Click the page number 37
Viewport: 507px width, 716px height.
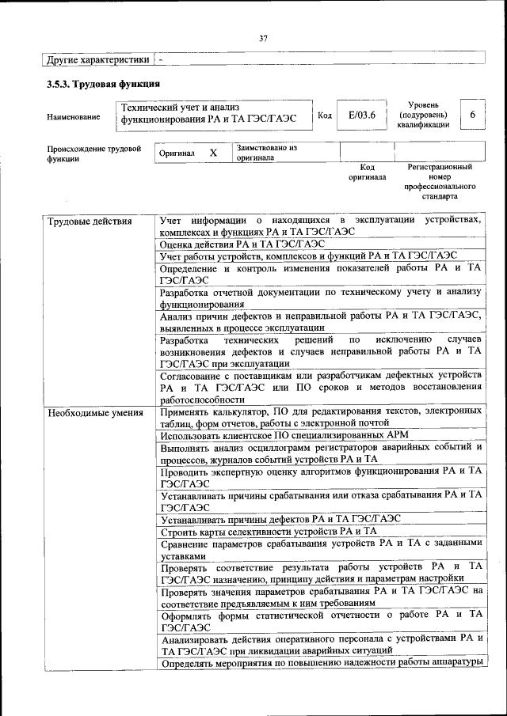263,37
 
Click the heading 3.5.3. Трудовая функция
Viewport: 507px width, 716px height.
104,83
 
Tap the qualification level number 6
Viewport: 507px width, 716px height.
472,116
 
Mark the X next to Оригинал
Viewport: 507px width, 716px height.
212,152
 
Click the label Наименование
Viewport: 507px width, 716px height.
74,117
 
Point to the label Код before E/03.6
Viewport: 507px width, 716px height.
324,116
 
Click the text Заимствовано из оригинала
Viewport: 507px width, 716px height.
265,152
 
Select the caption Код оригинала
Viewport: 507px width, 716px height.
367,172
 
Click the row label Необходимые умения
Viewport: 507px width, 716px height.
95,412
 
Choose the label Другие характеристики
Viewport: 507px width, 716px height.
97,59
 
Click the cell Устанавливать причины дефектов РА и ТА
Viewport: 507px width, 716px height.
280,519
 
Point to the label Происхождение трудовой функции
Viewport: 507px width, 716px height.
93,153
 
